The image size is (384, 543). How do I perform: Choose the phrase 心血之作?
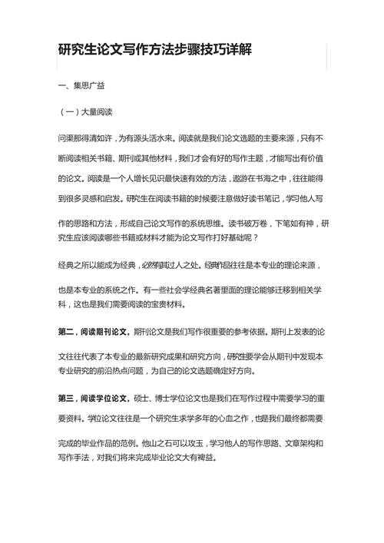point(227,419)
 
